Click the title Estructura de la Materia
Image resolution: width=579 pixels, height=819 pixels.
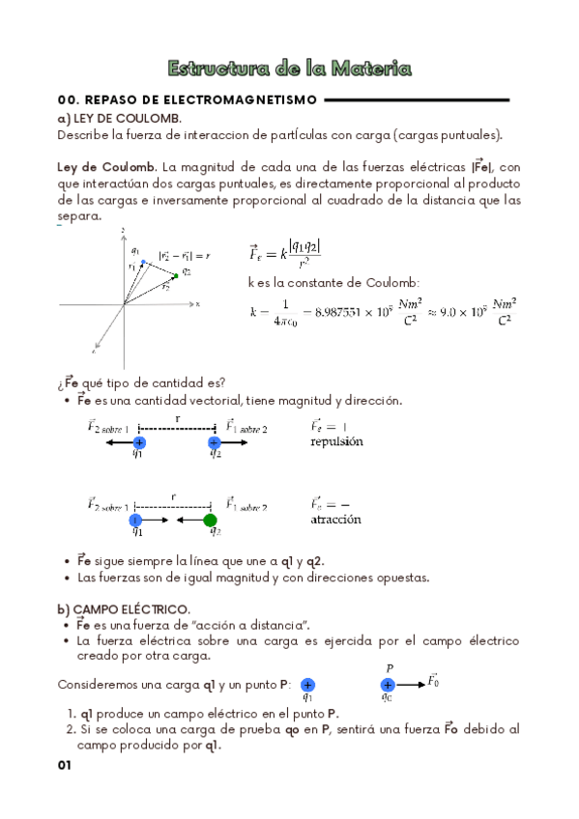point(289,69)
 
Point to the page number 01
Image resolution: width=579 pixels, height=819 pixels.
point(66,765)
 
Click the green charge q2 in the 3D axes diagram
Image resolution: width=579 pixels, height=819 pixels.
point(175,276)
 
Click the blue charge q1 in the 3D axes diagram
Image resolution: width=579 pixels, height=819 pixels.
point(143,262)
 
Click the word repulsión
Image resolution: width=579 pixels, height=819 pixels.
point(336,441)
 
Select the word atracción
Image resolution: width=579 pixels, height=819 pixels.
point(335,520)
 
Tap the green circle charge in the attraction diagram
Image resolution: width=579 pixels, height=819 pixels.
point(211,521)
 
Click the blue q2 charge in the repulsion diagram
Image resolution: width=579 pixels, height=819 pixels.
point(215,442)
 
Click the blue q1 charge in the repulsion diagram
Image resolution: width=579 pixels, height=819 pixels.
point(139,442)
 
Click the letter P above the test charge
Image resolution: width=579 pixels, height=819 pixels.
point(390,667)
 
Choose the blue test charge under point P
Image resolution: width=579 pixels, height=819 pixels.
point(388,684)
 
